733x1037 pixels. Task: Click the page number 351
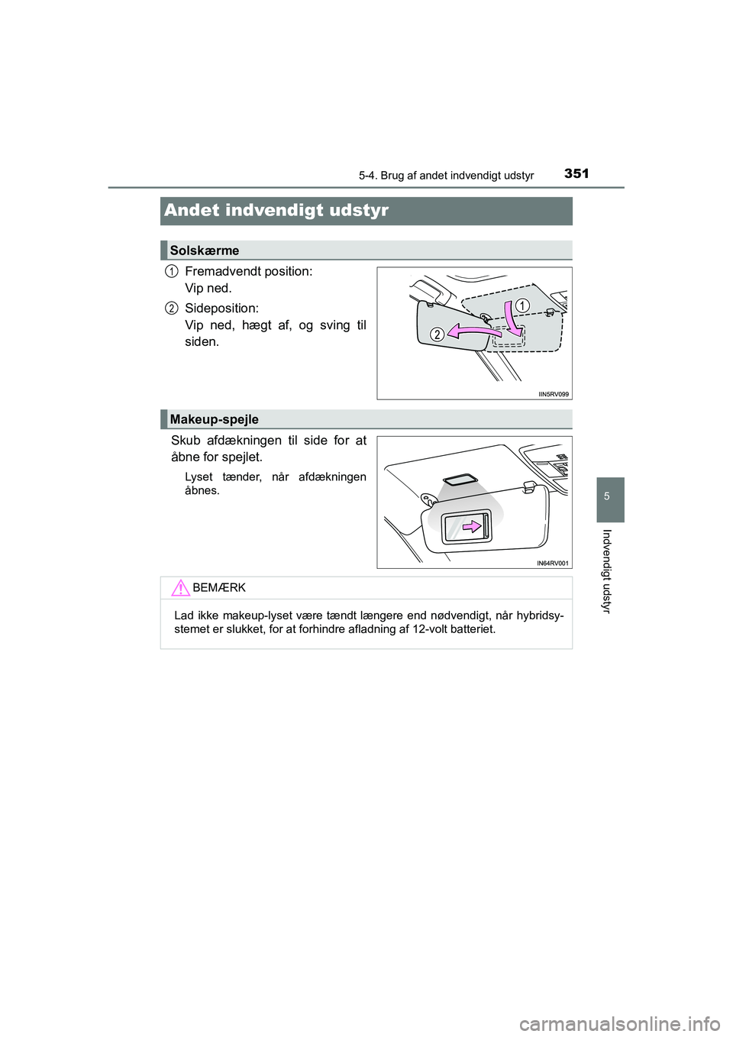click(x=576, y=173)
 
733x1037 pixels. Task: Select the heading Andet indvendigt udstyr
click(x=276, y=210)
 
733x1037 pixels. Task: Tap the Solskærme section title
click(x=205, y=250)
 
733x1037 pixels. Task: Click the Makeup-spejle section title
click(x=215, y=419)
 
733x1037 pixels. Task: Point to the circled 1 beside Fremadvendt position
click(x=173, y=271)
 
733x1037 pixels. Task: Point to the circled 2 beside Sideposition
click(x=173, y=308)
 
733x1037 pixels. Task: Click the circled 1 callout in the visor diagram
click(x=521, y=305)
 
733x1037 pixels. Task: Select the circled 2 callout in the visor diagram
click(x=437, y=334)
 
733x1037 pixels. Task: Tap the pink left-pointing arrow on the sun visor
click(x=473, y=330)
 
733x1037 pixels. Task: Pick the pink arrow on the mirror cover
click(x=471, y=525)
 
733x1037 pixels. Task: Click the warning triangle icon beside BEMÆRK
click(x=180, y=588)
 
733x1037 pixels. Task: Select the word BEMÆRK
click(x=219, y=587)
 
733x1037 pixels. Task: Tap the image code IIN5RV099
click(x=553, y=394)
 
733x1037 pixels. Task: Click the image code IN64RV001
click(x=553, y=563)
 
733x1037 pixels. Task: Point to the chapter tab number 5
click(x=606, y=497)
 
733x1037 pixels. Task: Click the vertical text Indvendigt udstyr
click(x=606, y=570)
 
